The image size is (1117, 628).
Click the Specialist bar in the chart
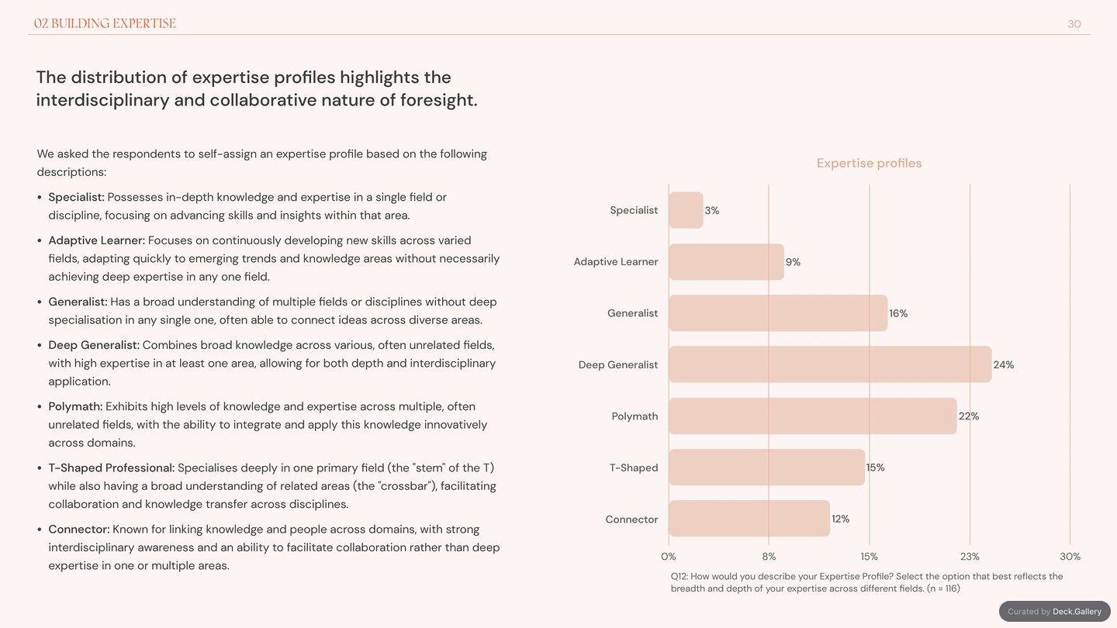pos(686,210)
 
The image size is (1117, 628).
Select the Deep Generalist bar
pos(830,364)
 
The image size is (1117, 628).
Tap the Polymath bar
pos(813,416)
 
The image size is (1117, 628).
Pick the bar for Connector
pos(749,519)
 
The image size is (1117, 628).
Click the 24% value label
pos(1003,365)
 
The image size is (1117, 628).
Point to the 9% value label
pos(793,262)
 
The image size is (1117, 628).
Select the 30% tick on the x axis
pos(1070,556)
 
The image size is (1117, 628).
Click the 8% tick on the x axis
pos(769,556)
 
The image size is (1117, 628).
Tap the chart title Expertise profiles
pos(869,163)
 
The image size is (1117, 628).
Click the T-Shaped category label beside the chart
pos(634,468)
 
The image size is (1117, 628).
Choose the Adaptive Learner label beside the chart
pos(616,262)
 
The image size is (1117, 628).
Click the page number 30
pos(1074,24)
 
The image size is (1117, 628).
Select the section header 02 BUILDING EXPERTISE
pos(105,23)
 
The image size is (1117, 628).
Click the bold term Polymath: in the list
pos(75,407)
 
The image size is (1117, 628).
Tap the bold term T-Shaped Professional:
pos(112,468)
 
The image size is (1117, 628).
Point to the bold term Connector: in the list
pos(79,530)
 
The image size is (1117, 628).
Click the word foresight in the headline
pos(439,100)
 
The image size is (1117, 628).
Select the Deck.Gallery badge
pos(1055,612)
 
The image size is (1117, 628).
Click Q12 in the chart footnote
pos(680,577)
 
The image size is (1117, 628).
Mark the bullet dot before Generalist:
pos(40,302)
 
